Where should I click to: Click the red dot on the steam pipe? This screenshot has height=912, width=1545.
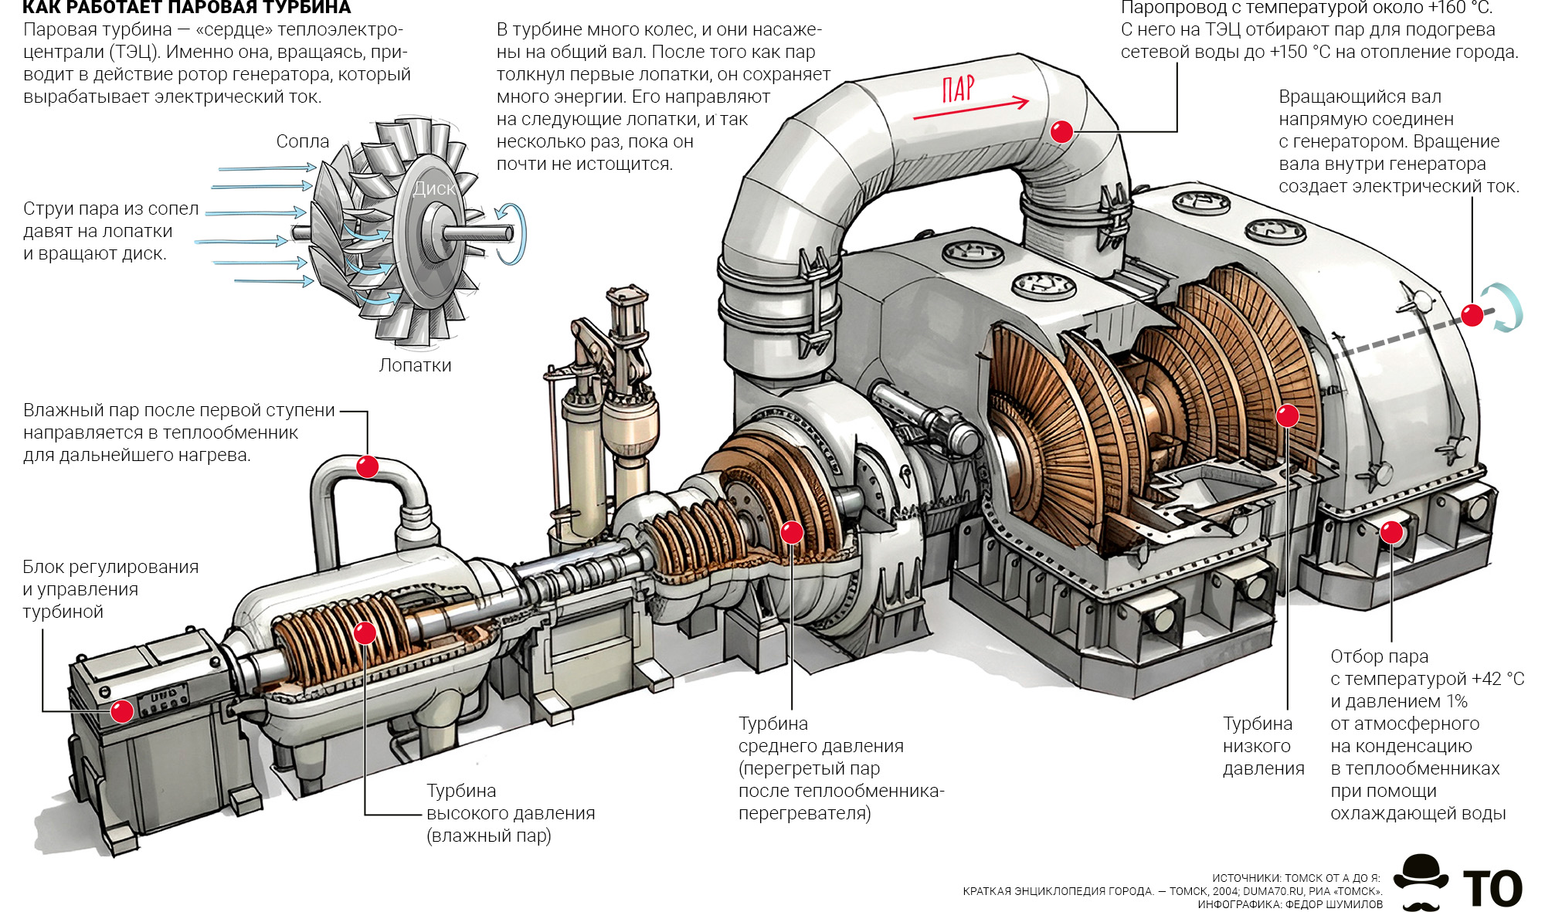[x=1062, y=132]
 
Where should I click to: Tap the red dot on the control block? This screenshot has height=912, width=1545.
[x=121, y=710]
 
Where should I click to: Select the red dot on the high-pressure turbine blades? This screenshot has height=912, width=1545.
[x=365, y=633]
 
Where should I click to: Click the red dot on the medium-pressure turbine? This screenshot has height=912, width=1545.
[x=792, y=532]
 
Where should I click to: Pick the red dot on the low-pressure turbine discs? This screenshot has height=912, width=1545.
[x=1287, y=416]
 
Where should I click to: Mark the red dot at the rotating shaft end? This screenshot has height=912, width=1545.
[x=1472, y=315]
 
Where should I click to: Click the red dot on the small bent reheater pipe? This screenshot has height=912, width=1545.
[x=367, y=466]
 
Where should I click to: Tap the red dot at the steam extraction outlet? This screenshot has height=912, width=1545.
[x=1391, y=532]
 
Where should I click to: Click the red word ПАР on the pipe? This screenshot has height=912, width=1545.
[x=958, y=89]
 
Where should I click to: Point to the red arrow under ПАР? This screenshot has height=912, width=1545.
[x=972, y=109]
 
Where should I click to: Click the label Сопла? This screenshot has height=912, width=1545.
[x=302, y=141]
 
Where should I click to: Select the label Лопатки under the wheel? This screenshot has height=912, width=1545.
[x=415, y=365]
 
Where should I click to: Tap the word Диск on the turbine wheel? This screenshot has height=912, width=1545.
[x=434, y=188]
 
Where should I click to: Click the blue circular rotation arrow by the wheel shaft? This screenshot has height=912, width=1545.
[x=511, y=233]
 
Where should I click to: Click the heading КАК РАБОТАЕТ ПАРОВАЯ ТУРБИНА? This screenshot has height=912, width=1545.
[x=186, y=8]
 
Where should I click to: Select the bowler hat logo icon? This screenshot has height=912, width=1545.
[x=1421, y=881]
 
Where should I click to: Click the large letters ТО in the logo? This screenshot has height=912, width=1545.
[x=1492, y=889]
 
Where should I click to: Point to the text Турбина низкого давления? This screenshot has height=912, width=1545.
[x=1262, y=746]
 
